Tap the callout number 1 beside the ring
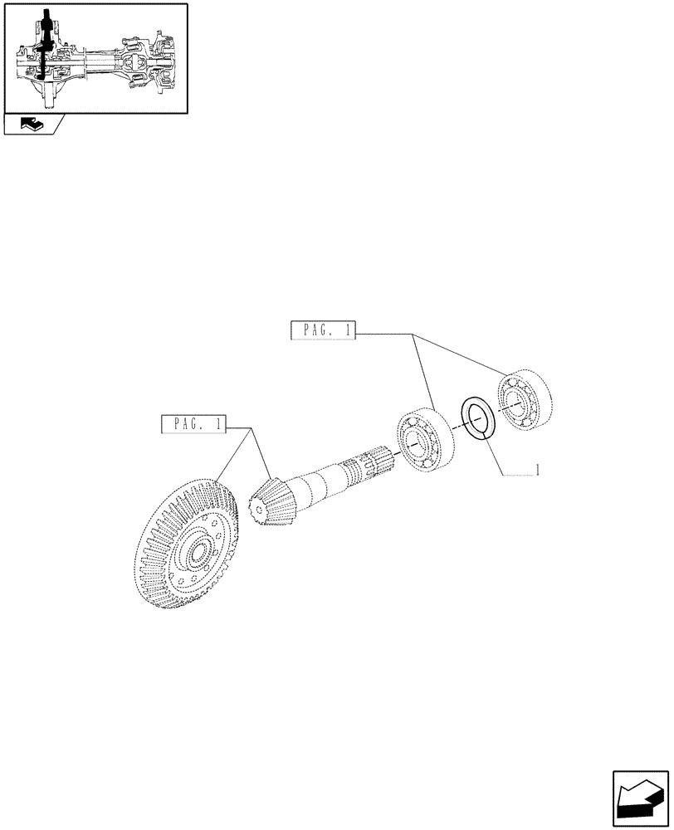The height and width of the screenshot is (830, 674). coord(539,471)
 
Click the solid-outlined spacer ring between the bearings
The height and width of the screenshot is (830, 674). coord(479,416)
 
